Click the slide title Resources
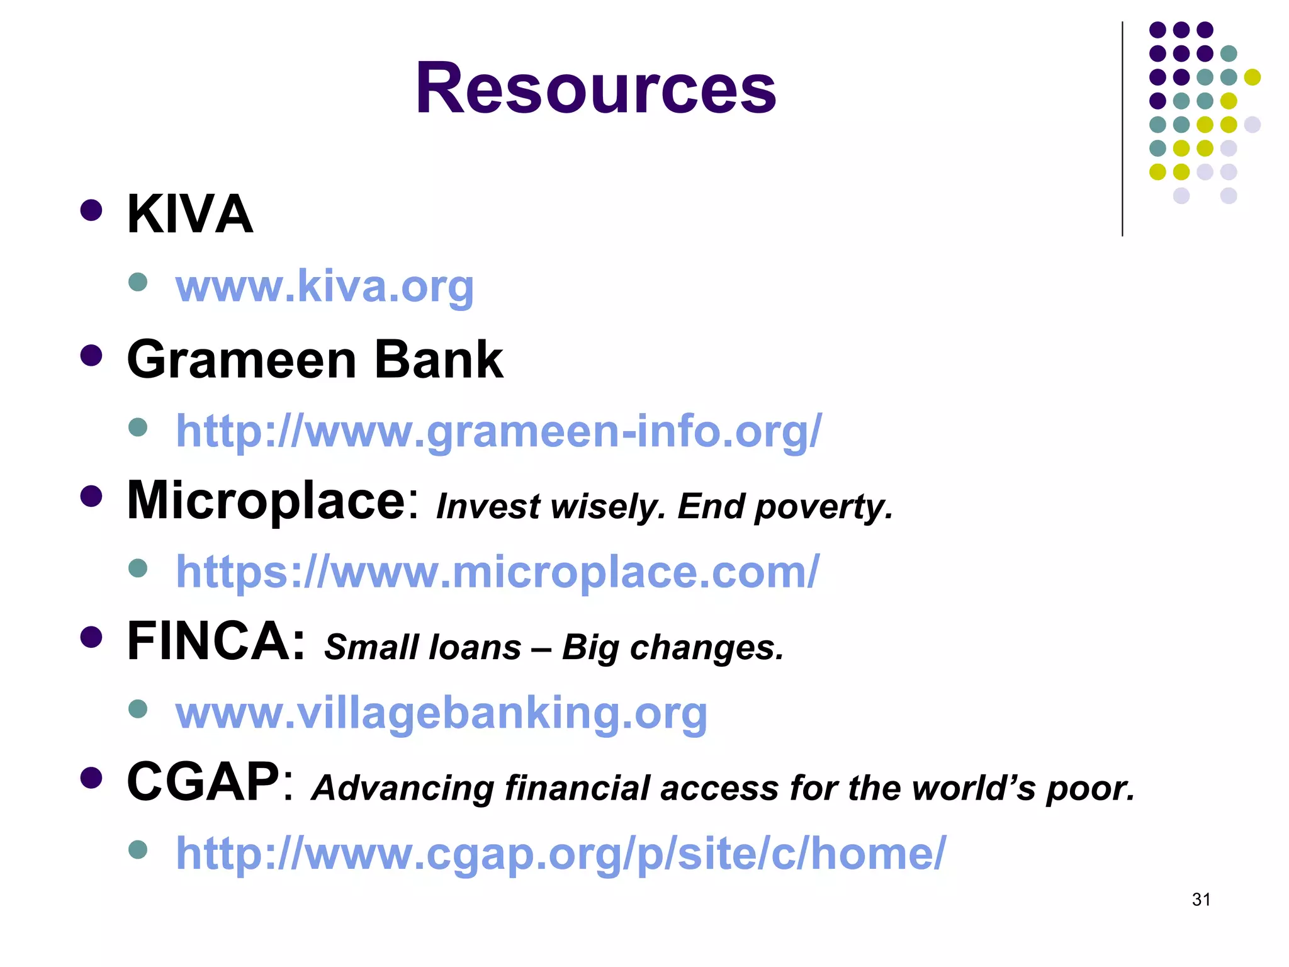[595, 88]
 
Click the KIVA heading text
[189, 214]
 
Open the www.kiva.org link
[324, 286]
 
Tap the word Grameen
[242, 359]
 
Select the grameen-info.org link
[498, 431]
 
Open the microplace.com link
[497, 572]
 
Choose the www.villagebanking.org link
[441, 713]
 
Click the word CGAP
[203, 782]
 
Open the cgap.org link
[560, 854]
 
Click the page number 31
[1201, 900]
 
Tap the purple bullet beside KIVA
[91, 210]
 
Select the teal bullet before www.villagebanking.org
[137, 710]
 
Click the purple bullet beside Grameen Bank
[91, 356]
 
